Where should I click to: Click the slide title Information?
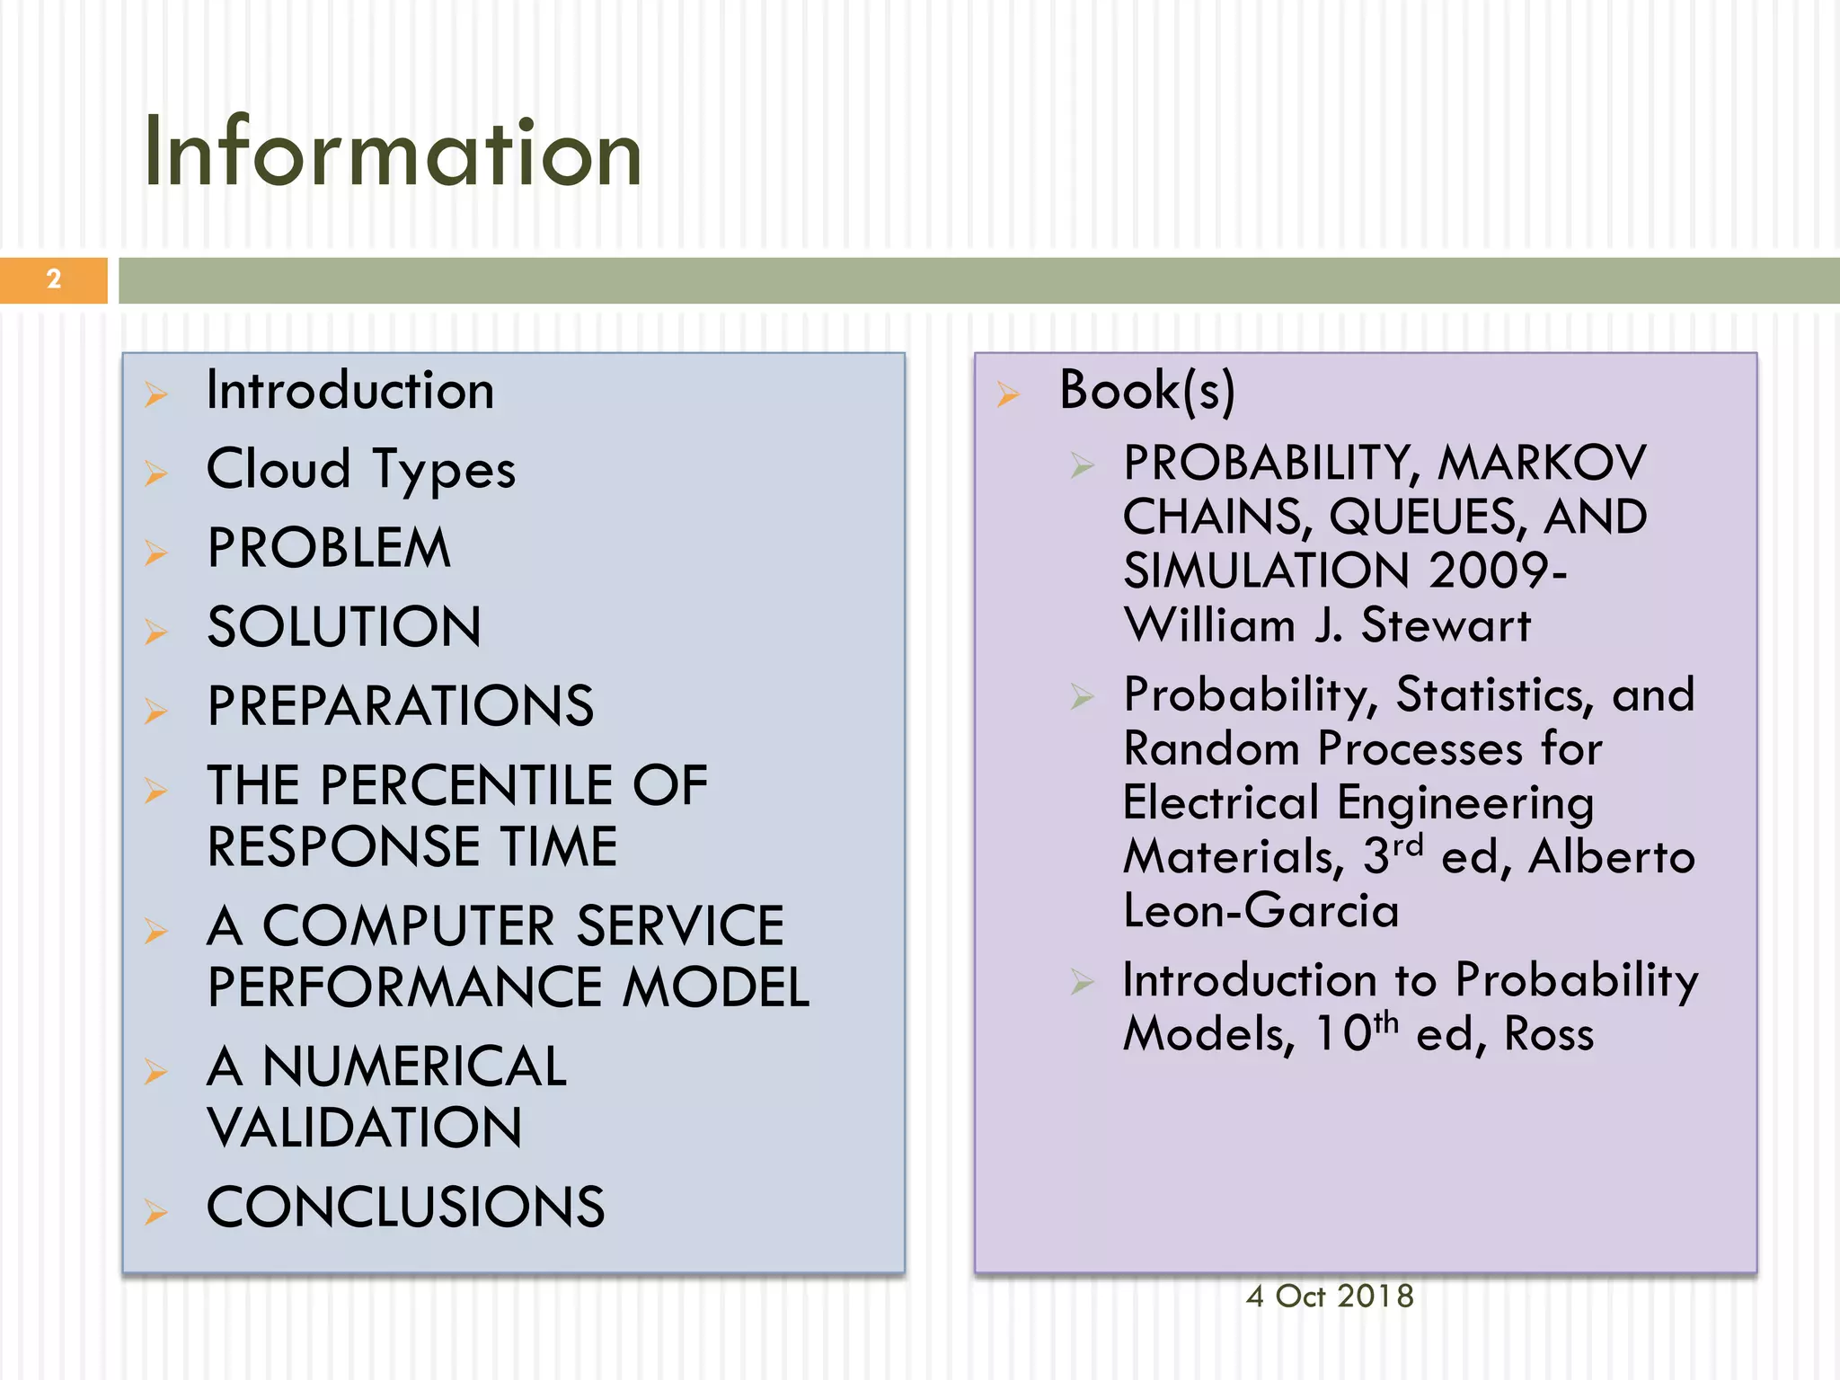click(x=393, y=153)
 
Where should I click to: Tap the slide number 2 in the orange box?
click(x=54, y=279)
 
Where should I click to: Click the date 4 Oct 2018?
click(x=1330, y=1296)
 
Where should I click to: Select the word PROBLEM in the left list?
click(x=329, y=548)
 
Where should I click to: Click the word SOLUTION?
click(x=344, y=626)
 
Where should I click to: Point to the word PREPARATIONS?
click(x=401, y=705)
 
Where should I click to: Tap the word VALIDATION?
click(x=365, y=1128)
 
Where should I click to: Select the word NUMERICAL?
click(x=414, y=1066)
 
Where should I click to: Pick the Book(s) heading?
click(x=1147, y=391)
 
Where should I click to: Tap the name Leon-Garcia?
click(x=1261, y=910)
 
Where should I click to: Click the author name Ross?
click(x=1549, y=1033)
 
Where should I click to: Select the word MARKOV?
click(x=1542, y=463)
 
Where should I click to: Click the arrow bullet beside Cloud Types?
click(x=156, y=473)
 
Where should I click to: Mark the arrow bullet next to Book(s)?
click(x=1008, y=394)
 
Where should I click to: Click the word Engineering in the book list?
click(x=1465, y=802)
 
